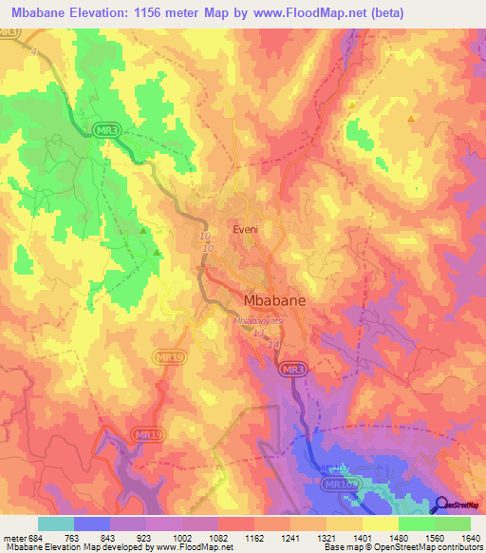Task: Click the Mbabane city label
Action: [269, 299]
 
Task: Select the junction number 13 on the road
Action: [257, 333]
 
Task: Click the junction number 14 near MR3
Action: [273, 344]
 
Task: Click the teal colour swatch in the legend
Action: [55, 524]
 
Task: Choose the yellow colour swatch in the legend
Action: [380, 524]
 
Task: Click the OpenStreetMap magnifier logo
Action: [440, 506]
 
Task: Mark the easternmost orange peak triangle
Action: [410, 119]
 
